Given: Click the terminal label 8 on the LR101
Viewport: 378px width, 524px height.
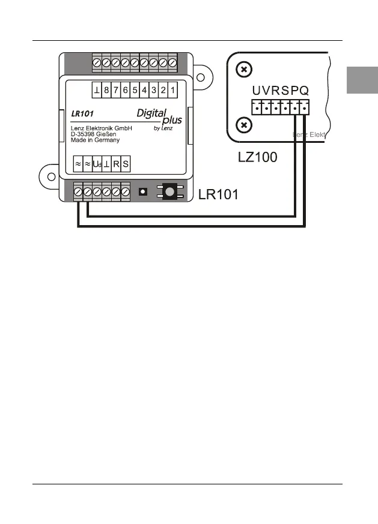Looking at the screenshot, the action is click(x=106, y=91).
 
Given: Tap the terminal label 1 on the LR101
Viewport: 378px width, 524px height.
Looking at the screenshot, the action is click(x=172, y=91).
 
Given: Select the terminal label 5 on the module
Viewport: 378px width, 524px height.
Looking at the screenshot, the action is click(x=135, y=91).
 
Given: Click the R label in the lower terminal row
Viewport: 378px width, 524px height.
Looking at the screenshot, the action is click(x=116, y=163).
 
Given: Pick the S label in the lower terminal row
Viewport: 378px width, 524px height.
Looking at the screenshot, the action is click(x=125, y=163).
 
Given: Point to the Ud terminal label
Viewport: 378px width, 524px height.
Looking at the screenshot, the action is click(x=97, y=163).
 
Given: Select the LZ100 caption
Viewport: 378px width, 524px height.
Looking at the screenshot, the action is click(x=257, y=159).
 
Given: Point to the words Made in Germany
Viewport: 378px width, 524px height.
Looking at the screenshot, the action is click(x=91, y=140).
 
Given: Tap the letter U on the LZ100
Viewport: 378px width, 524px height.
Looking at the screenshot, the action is click(x=257, y=91).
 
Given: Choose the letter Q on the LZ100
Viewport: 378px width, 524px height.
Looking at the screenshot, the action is click(x=305, y=91).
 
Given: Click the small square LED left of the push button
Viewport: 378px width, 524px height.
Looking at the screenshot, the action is click(x=144, y=191).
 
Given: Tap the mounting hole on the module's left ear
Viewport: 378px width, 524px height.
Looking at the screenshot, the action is click(x=51, y=176).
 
